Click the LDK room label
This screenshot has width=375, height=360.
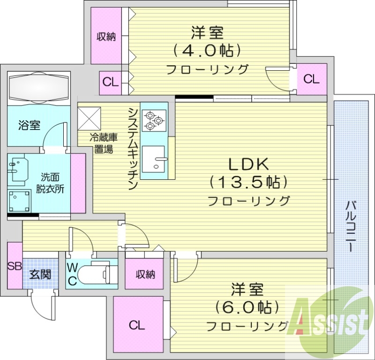click(248, 164)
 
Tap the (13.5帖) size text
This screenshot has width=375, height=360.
click(248, 182)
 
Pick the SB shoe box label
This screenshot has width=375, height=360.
click(14, 266)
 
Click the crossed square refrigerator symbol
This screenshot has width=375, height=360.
click(89, 119)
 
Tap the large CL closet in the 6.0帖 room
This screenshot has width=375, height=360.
click(137, 324)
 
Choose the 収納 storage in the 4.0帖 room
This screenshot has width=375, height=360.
click(106, 37)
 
